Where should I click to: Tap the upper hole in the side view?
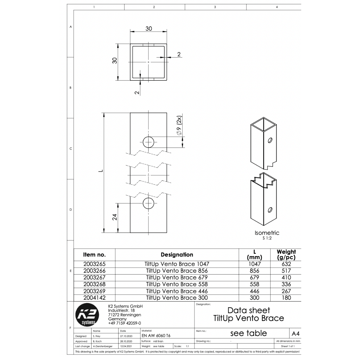(148, 142)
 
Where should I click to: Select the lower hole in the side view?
(148, 203)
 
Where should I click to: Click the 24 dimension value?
(115, 217)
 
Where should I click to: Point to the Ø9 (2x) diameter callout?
(179, 125)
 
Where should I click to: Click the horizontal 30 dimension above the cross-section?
(149, 28)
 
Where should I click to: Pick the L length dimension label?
(101, 171)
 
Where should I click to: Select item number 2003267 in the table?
(94, 277)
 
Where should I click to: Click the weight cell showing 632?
(286, 264)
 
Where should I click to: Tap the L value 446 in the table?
(254, 291)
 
